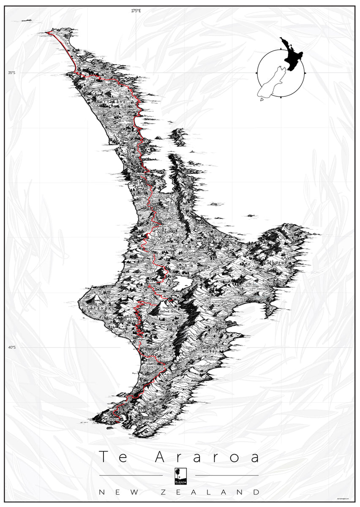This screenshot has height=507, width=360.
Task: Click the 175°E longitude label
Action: click(x=135, y=11)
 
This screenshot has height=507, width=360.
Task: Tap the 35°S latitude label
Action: click(x=11, y=73)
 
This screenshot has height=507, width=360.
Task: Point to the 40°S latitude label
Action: click(x=11, y=347)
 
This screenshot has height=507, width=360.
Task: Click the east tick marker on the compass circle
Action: click(x=305, y=73)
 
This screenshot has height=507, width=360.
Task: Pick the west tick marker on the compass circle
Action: click(x=256, y=73)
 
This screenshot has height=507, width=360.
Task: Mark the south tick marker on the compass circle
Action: click(x=281, y=98)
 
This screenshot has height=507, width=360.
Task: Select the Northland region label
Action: click(x=112, y=102)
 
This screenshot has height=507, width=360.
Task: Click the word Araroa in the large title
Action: click(x=207, y=457)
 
